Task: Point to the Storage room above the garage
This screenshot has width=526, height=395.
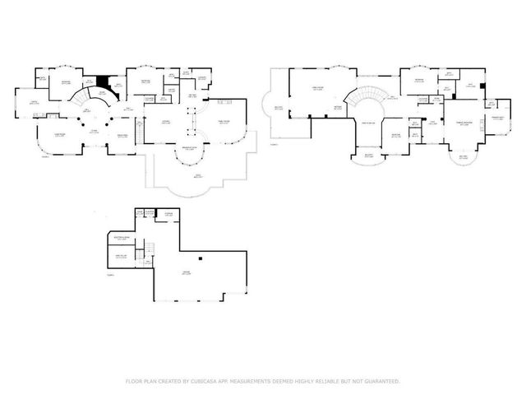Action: click(169, 216)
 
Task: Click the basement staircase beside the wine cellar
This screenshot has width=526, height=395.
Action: click(151, 250)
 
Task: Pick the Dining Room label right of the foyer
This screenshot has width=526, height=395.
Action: click(122, 136)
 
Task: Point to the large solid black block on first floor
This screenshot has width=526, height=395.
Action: click(103, 81)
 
